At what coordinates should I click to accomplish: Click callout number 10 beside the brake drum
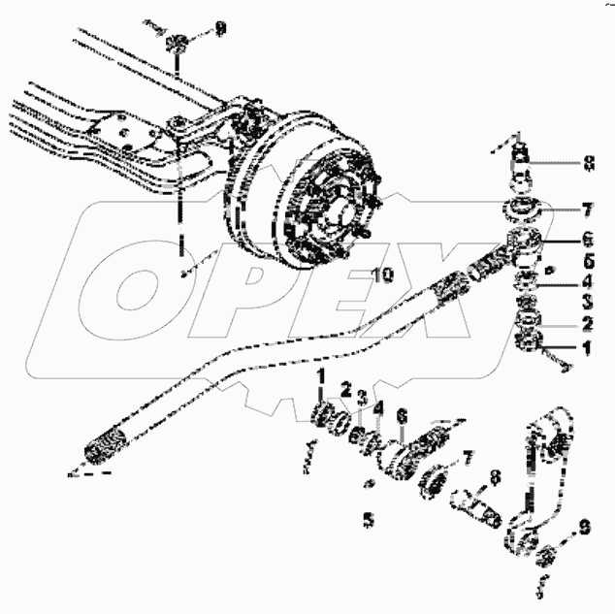tap(382, 275)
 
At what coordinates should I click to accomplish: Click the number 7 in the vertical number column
tap(587, 210)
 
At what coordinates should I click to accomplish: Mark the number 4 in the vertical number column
tap(587, 282)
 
